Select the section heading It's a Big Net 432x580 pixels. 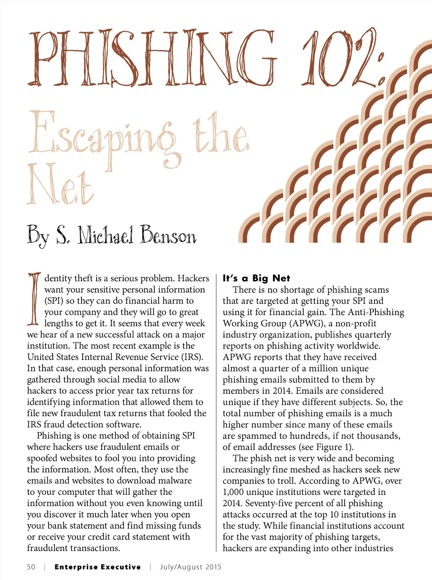[256, 278]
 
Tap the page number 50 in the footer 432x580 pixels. [31, 567]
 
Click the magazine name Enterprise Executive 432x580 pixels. [97, 567]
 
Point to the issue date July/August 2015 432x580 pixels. [190, 567]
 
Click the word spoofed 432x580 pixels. [42, 458]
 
